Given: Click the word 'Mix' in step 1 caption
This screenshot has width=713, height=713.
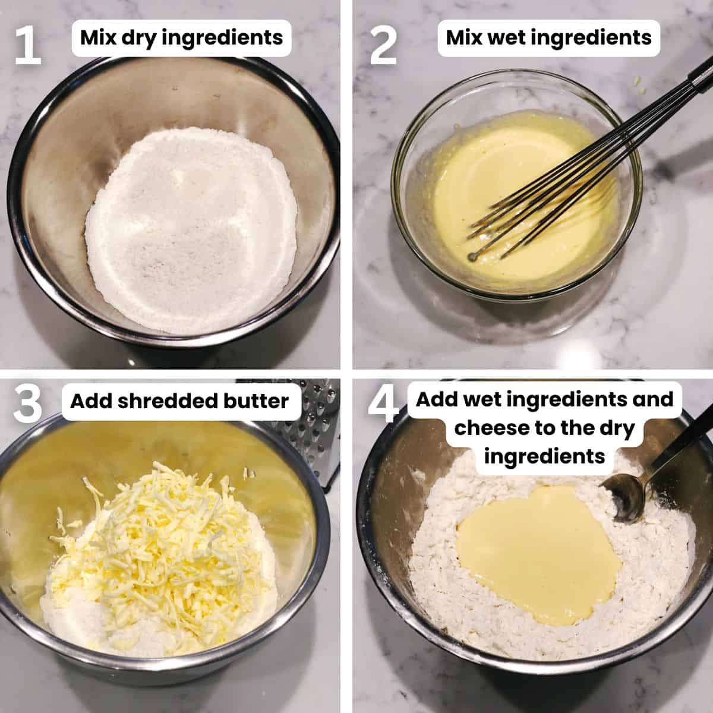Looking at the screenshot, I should pyautogui.click(x=97, y=38).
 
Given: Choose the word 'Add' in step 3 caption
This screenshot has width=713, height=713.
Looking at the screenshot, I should pyautogui.click(x=89, y=401).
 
